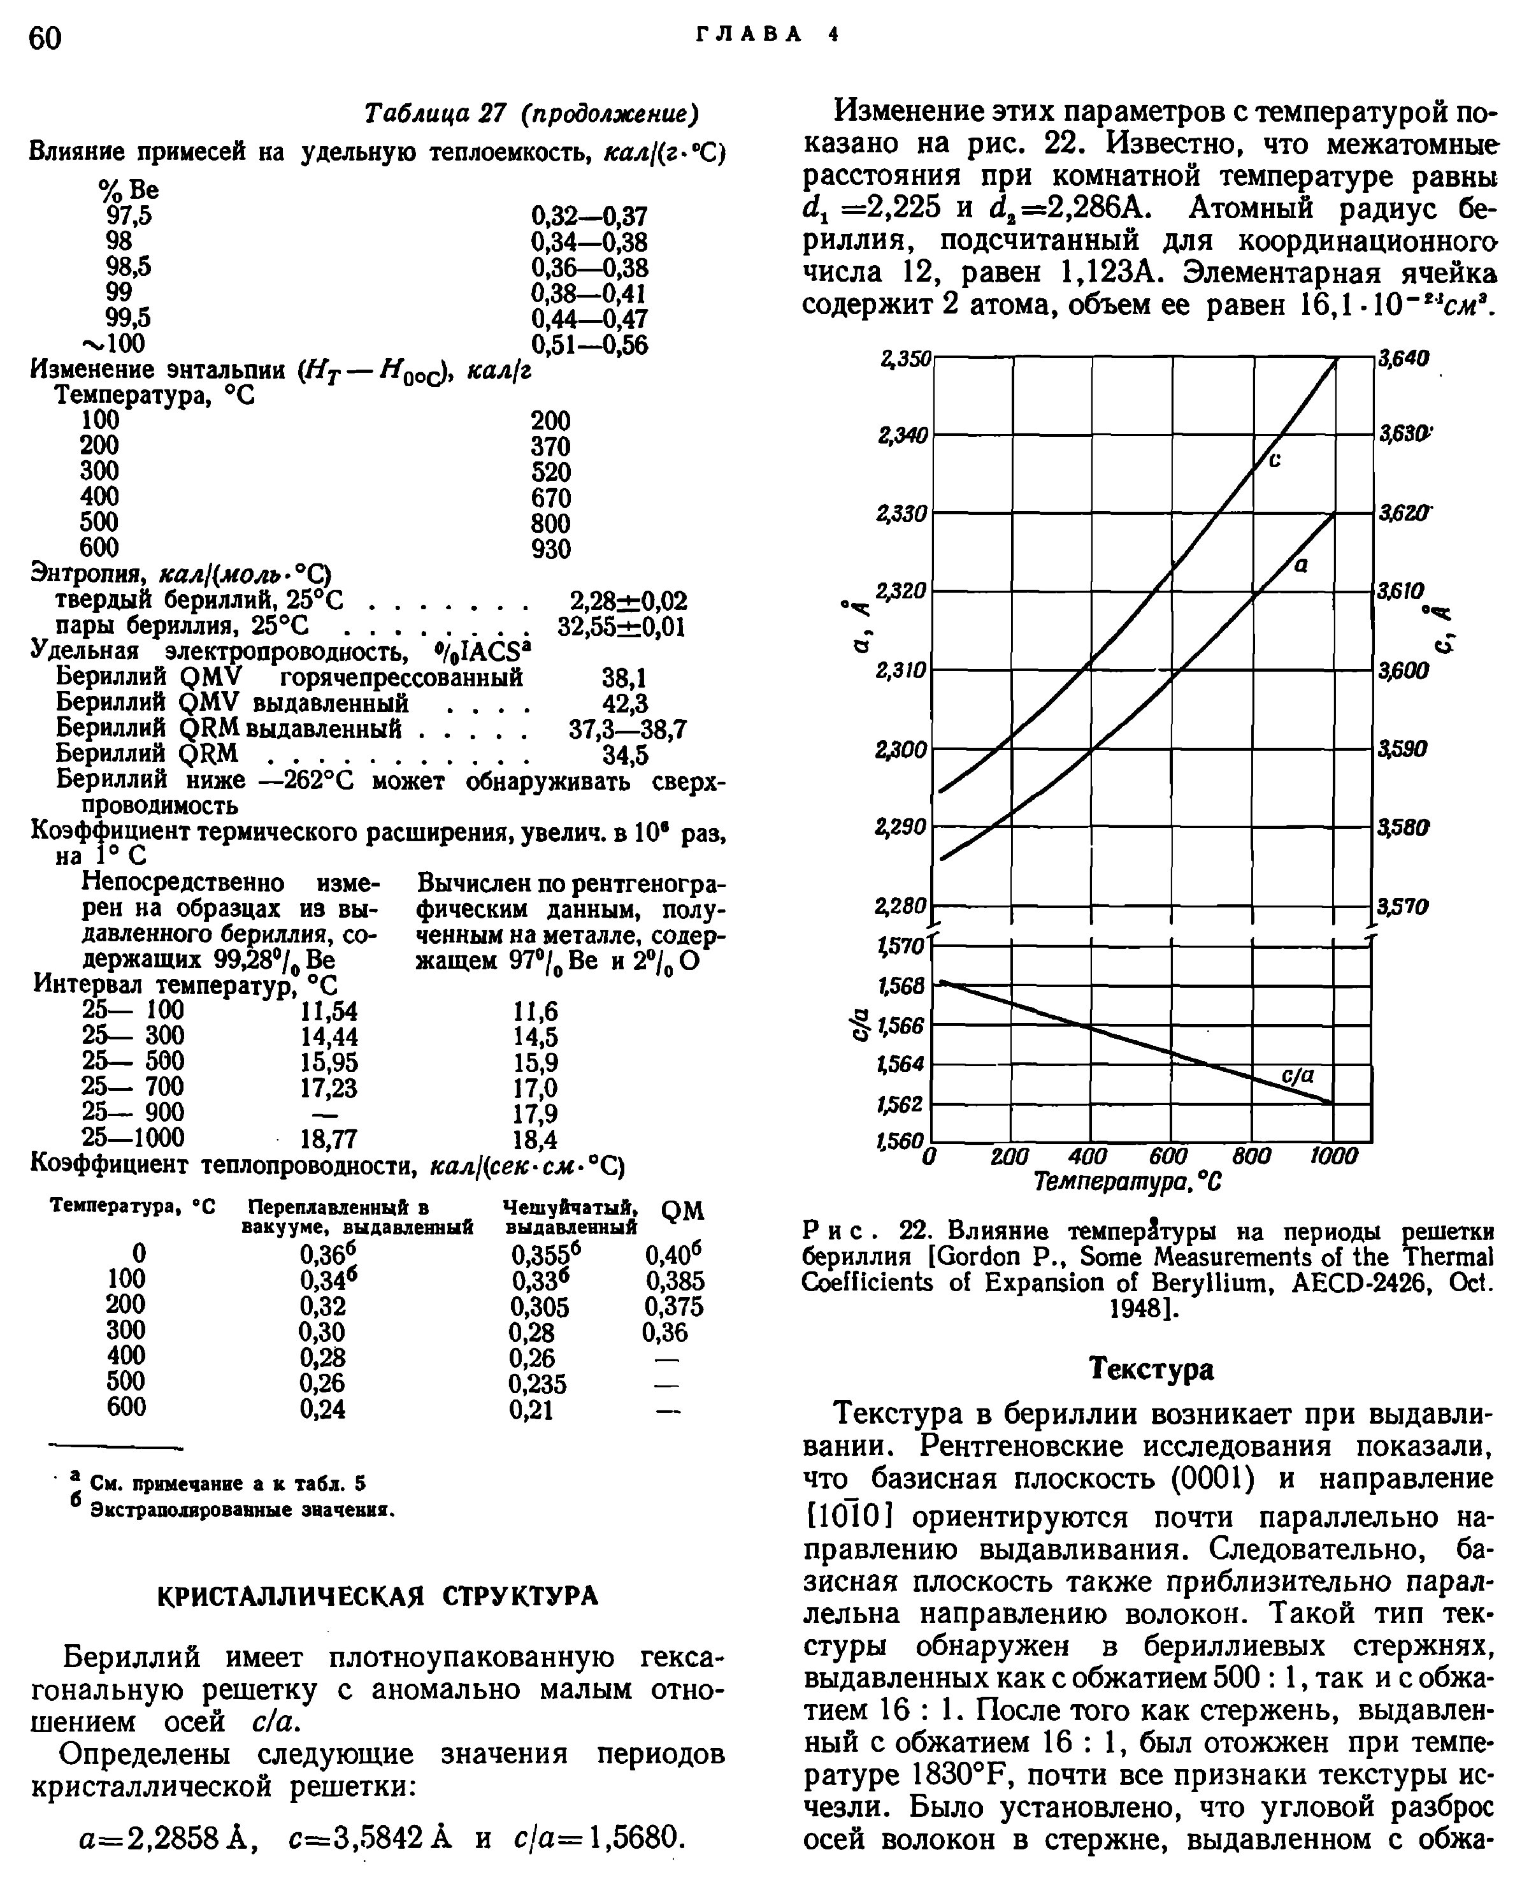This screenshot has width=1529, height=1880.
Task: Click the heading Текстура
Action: click(x=1151, y=1368)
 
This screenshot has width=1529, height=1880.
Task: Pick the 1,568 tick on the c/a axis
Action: click(x=901, y=986)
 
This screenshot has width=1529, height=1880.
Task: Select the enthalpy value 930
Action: click(x=550, y=549)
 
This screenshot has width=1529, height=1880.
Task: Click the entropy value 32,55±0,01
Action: click(x=622, y=626)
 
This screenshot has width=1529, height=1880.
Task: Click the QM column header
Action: click(x=682, y=1211)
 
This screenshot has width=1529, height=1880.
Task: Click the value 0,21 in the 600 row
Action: click(x=532, y=1410)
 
